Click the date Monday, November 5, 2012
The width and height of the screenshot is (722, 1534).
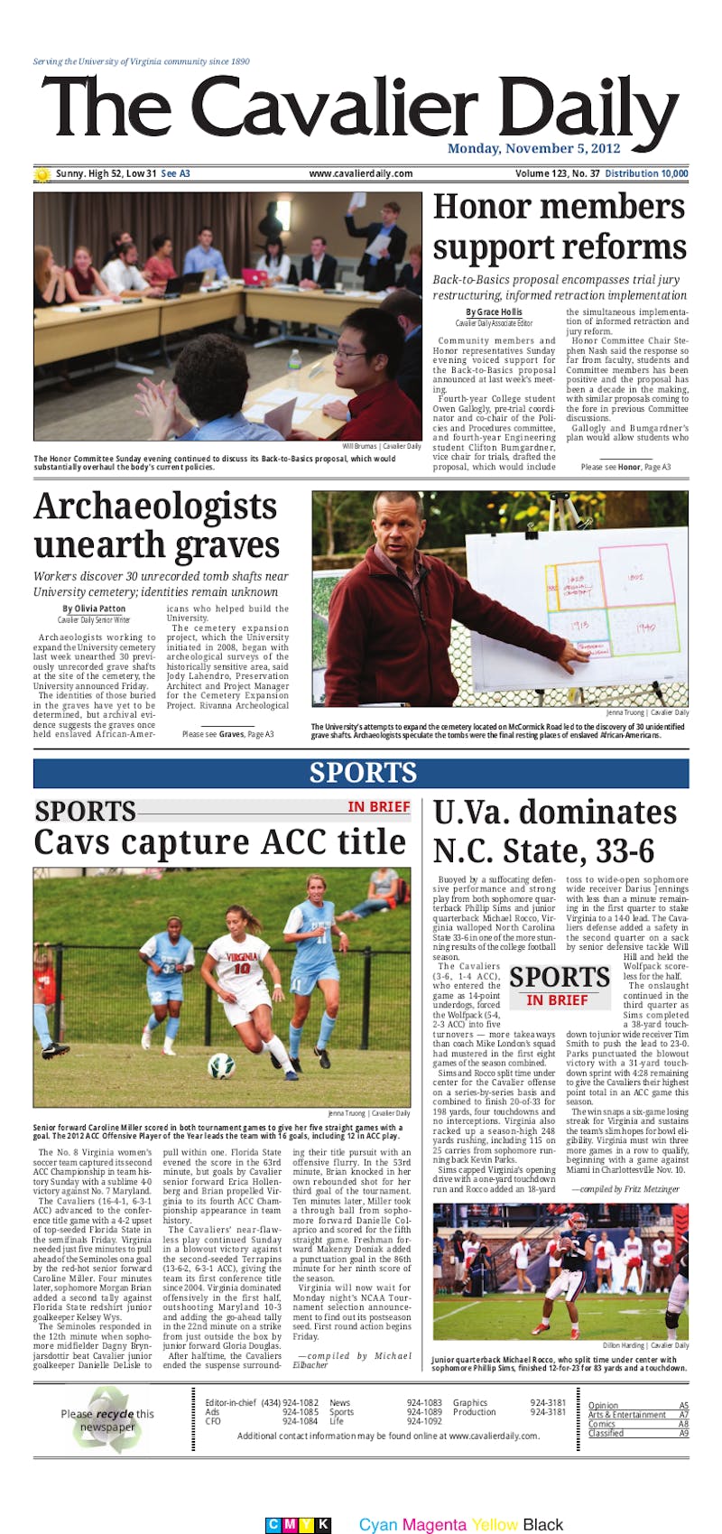pos(533,149)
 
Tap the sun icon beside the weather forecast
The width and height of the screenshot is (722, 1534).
pos(42,174)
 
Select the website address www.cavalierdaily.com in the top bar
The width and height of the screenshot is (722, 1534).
pos(360,174)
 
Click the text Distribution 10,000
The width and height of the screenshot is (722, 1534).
pos(646,174)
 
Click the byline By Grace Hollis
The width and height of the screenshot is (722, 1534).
pos(494,312)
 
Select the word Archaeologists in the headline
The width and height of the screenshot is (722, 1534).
pos(155,507)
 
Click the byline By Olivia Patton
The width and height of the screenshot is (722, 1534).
pos(94,609)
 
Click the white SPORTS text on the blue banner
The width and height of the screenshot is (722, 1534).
pos(363,773)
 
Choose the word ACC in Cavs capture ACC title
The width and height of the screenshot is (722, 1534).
pos(293,842)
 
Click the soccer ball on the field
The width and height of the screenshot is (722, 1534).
pos(221,1069)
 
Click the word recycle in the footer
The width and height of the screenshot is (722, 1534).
pos(115,1414)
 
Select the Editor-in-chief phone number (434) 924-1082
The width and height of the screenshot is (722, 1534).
pos(290,1403)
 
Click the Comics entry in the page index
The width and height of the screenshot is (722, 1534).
pos(602,1424)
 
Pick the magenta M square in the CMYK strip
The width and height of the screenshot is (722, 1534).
pos(289,1525)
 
